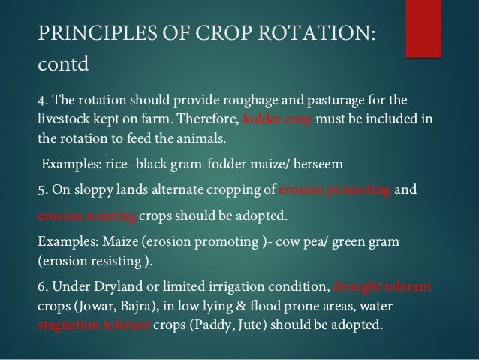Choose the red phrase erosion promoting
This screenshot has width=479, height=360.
click(x=334, y=189)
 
